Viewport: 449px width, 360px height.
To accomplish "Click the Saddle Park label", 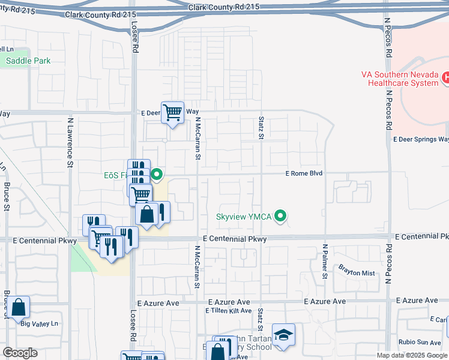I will tap(28, 61).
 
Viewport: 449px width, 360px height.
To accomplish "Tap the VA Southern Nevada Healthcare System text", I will tap(400, 79).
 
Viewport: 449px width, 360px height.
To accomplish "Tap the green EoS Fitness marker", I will tap(157, 175).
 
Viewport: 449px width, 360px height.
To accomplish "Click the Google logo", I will tap(20, 352).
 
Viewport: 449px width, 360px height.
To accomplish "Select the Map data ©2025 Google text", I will tap(411, 355).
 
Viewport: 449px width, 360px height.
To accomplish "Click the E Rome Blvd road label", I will tap(304, 173).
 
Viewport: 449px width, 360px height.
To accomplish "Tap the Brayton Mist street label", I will tap(357, 273).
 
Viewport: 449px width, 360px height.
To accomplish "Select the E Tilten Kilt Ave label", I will tap(228, 311).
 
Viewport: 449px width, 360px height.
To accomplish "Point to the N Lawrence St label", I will tap(70, 142).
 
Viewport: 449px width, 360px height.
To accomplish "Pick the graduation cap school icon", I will tap(283, 334).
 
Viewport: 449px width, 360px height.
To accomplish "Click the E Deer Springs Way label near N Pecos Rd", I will tap(421, 139).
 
